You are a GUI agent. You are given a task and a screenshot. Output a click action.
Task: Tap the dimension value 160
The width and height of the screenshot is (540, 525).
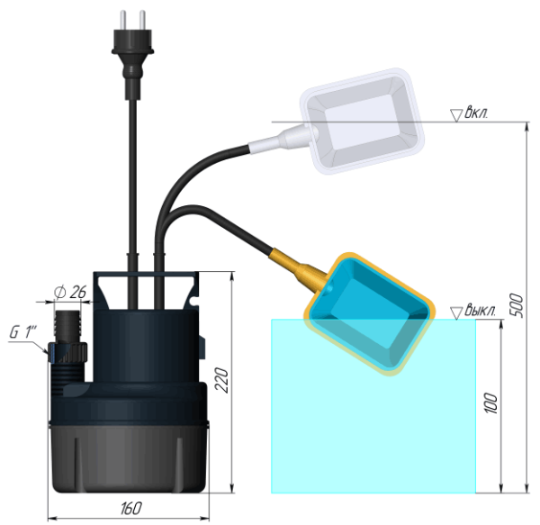tap(130, 510)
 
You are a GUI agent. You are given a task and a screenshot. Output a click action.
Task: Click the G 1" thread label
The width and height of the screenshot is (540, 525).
tap(22, 331)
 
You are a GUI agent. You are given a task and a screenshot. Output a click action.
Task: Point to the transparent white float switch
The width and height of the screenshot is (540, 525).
tap(360, 117)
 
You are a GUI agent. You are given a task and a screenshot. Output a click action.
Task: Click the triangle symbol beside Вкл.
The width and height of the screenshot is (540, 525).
tap(456, 114)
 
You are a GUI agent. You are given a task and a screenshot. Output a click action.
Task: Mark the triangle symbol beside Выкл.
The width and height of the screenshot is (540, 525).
tap(456, 312)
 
